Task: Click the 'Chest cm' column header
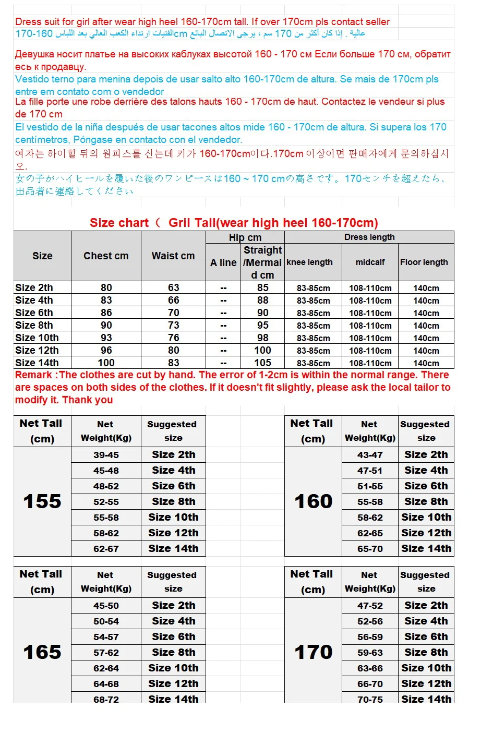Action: click(x=106, y=256)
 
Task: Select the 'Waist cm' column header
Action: click(x=173, y=256)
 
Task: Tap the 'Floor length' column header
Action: click(x=424, y=262)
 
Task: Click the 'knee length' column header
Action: click(x=309, y=262)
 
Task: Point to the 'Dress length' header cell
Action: click(x=369, y=237)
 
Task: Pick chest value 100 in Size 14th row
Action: click(x=106, y=363)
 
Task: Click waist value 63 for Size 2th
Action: click(x=173, y=288)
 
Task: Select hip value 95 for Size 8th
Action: click(x=262, y=326)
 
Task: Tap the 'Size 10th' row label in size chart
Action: click(x=37, y=338)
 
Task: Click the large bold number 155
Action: click(x=42, y=502)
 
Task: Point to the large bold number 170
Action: click(x=313, y=652)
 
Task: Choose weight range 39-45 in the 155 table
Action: click(x=106, y=455)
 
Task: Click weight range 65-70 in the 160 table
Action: click(x=370, y=549)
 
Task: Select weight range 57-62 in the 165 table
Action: click(x=106, y=653)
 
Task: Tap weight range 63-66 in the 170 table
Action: click(x=370, y=668)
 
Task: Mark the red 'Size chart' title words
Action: click(x=119, y=223)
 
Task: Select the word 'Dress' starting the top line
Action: click(x=29, y=22)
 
